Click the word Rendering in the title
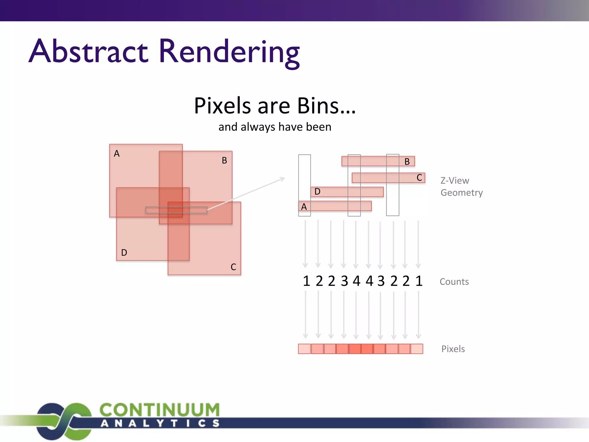pyautogui.click(x=229, y=52)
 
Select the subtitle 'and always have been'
pyautogui.click(x=275, y=127)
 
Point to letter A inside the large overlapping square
pyautogui.click(x=116, y=153)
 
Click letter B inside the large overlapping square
pyautogui.click(x=224, y=160)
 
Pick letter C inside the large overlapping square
pyautogui.click(x=233, y=267)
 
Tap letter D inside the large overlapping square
pyautogui.click(x=124, y=252)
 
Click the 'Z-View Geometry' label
pyautogui.click(x=461, y=186)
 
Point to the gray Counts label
pyautogui.click(x=454, y=281)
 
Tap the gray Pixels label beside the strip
pyautogui.click(x=453, y=349)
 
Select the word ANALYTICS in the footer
pyautogui.click(x=160, y=423)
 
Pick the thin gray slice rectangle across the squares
pyautogui.click(x=176, y=210)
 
